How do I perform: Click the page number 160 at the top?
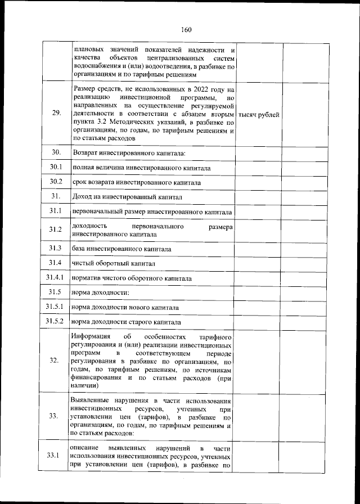(x=187, y=30)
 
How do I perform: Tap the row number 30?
(x=56, y=153)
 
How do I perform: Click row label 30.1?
(x=56, y=168)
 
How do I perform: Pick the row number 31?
(x=56, y=196)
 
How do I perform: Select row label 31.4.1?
(x=56, y=278)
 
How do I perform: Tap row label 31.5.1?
(x=56, y=307)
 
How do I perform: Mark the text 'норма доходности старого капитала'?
(x=126, y=322)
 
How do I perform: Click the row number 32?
(x=56, y=361)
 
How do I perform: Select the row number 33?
(x=56, y=416)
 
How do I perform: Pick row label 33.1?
(x=56, y=456)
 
